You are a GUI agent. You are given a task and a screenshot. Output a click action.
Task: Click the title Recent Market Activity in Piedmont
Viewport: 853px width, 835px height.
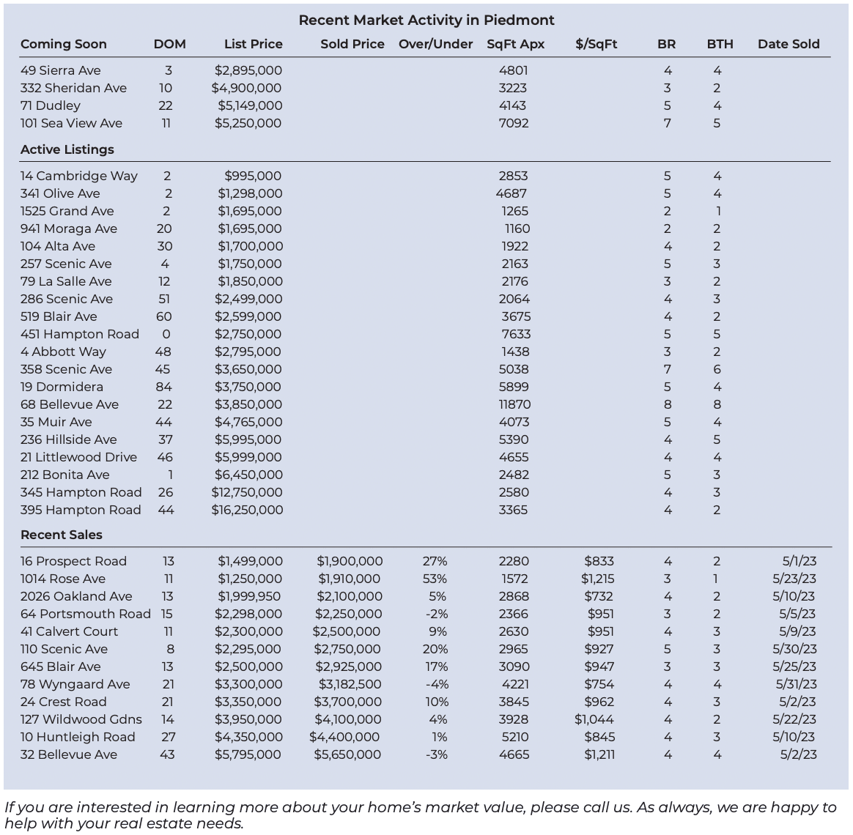point(426,20)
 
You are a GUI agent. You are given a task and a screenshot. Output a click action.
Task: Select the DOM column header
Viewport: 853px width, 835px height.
point(169,44)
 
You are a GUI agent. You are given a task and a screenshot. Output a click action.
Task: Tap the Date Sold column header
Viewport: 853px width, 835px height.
point(789,44)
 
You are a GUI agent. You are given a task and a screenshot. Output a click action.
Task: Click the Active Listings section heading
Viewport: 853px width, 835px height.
point(67,149)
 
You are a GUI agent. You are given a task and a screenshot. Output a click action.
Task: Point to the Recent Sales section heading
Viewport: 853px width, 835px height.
point(62,535)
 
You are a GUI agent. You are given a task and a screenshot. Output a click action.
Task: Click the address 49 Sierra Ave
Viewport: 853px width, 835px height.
point(61,70)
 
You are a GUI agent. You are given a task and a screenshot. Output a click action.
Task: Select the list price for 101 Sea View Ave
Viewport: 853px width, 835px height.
point(248,123)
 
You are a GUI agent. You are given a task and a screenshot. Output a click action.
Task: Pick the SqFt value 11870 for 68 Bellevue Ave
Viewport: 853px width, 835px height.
point(514,404)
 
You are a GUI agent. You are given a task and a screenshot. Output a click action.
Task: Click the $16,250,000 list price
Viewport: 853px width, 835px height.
point(247,510)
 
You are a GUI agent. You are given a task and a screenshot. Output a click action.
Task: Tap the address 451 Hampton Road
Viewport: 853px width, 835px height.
point(80,334)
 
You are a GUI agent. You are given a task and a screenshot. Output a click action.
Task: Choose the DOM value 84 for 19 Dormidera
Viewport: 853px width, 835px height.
point(163,387)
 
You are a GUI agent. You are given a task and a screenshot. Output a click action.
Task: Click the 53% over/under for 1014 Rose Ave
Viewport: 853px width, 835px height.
point(435,579)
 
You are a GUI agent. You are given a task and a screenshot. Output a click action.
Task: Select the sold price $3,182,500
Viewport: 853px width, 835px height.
point(350,684)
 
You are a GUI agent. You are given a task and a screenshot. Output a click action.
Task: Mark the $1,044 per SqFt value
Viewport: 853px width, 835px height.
point(594,719)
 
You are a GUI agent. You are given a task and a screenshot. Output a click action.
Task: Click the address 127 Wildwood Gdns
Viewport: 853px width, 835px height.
point(81,719)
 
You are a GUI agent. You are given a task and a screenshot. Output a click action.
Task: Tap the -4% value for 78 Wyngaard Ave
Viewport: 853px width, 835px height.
point(436,684)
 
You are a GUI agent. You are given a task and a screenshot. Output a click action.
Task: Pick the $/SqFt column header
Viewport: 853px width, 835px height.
point(597,44)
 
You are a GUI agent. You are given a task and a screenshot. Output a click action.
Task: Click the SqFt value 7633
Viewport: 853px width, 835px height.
point(514,334)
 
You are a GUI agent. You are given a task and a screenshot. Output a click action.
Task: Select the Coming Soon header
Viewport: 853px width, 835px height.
point(64,44)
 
